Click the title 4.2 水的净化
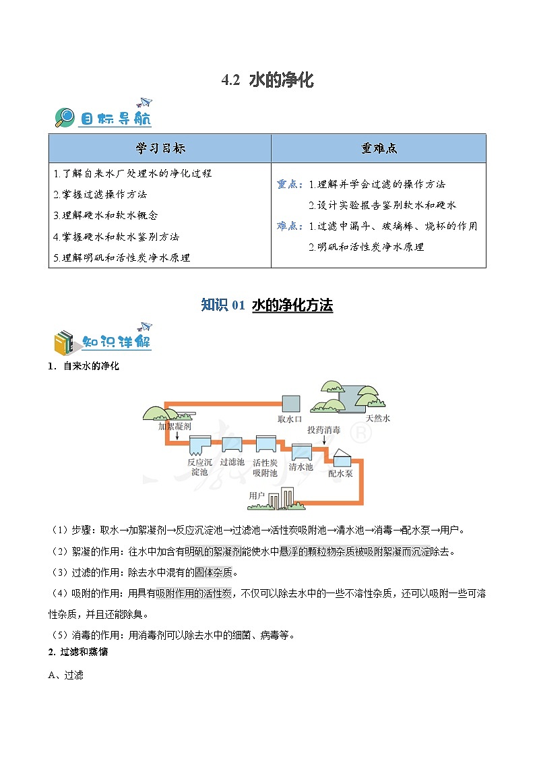[x=267, y=81]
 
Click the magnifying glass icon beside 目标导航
[x=65, y=117]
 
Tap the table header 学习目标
[x=160, y=148]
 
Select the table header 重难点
[x=378, y=148]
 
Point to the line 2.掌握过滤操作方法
[x=100, y=194]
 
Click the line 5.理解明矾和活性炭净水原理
[x=122, y=258]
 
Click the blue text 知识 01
[x=223, y=305]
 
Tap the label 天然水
[x=377, y=419]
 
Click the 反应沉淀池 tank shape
[x=200, y=445]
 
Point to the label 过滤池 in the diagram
[x=232, y=462]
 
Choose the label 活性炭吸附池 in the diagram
[x=265, y=467]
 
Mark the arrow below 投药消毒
[x=325, y=440]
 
